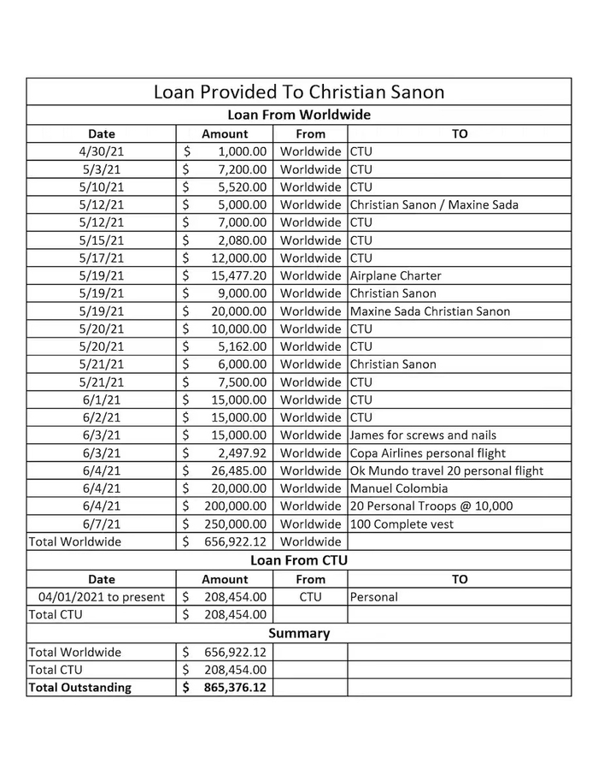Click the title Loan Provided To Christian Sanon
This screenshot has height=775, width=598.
point(298,92)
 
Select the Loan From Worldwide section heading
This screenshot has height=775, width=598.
point(298,115)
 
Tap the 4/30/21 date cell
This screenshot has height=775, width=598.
point(101,151)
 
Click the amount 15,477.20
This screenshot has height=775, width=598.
point(237,275)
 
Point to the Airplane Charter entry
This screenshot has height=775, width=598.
point(396,275)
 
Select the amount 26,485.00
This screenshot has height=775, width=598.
point(237,470)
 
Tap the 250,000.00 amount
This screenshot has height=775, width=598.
point(234,524)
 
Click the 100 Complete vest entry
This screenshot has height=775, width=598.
point(402,524)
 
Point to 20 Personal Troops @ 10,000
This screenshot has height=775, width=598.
point(431,506)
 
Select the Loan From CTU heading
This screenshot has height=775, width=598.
point(298,560)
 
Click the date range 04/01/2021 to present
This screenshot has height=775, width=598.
point(102,596)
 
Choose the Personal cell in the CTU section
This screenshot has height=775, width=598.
point(374,596)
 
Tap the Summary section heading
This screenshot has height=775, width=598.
point(298,633)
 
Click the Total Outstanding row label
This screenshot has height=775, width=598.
point(80,687)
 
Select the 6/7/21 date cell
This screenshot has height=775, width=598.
point(101,524)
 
